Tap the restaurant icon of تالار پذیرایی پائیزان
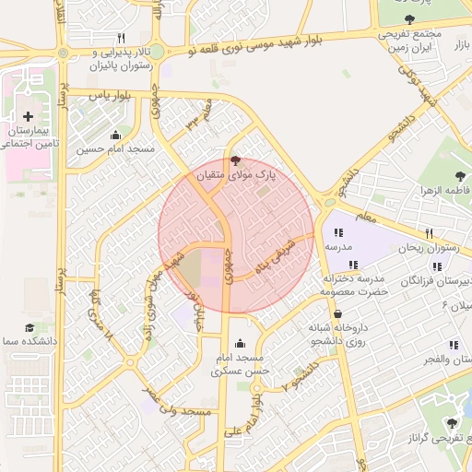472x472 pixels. (x=121, y=38)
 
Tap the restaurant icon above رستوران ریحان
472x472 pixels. (x=430, y=233)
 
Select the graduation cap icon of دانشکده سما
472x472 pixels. (x=29, y=328)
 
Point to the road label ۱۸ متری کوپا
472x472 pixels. (x=100, y=316)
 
